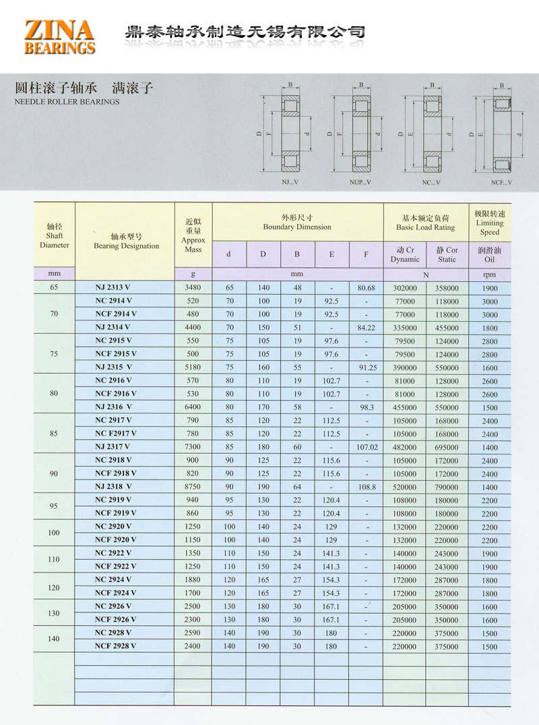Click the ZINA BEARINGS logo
point(59,36)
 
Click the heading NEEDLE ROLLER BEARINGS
point(67,102)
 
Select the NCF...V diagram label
point(501,182)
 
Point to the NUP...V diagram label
point(360,182)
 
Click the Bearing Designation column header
point(126,241)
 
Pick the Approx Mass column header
point(193,235)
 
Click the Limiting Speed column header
point(490,223)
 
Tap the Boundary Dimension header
point(297,223)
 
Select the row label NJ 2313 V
point(113,288)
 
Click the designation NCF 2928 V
point(115,645)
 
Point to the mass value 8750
point(193,486)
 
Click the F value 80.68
point(366,288)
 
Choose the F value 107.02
point(366,446)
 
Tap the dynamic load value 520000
point(404,486)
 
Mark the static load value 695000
point(447,446)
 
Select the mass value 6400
point(193,407)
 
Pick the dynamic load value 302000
point(404,288)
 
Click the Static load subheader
point(447,254)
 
